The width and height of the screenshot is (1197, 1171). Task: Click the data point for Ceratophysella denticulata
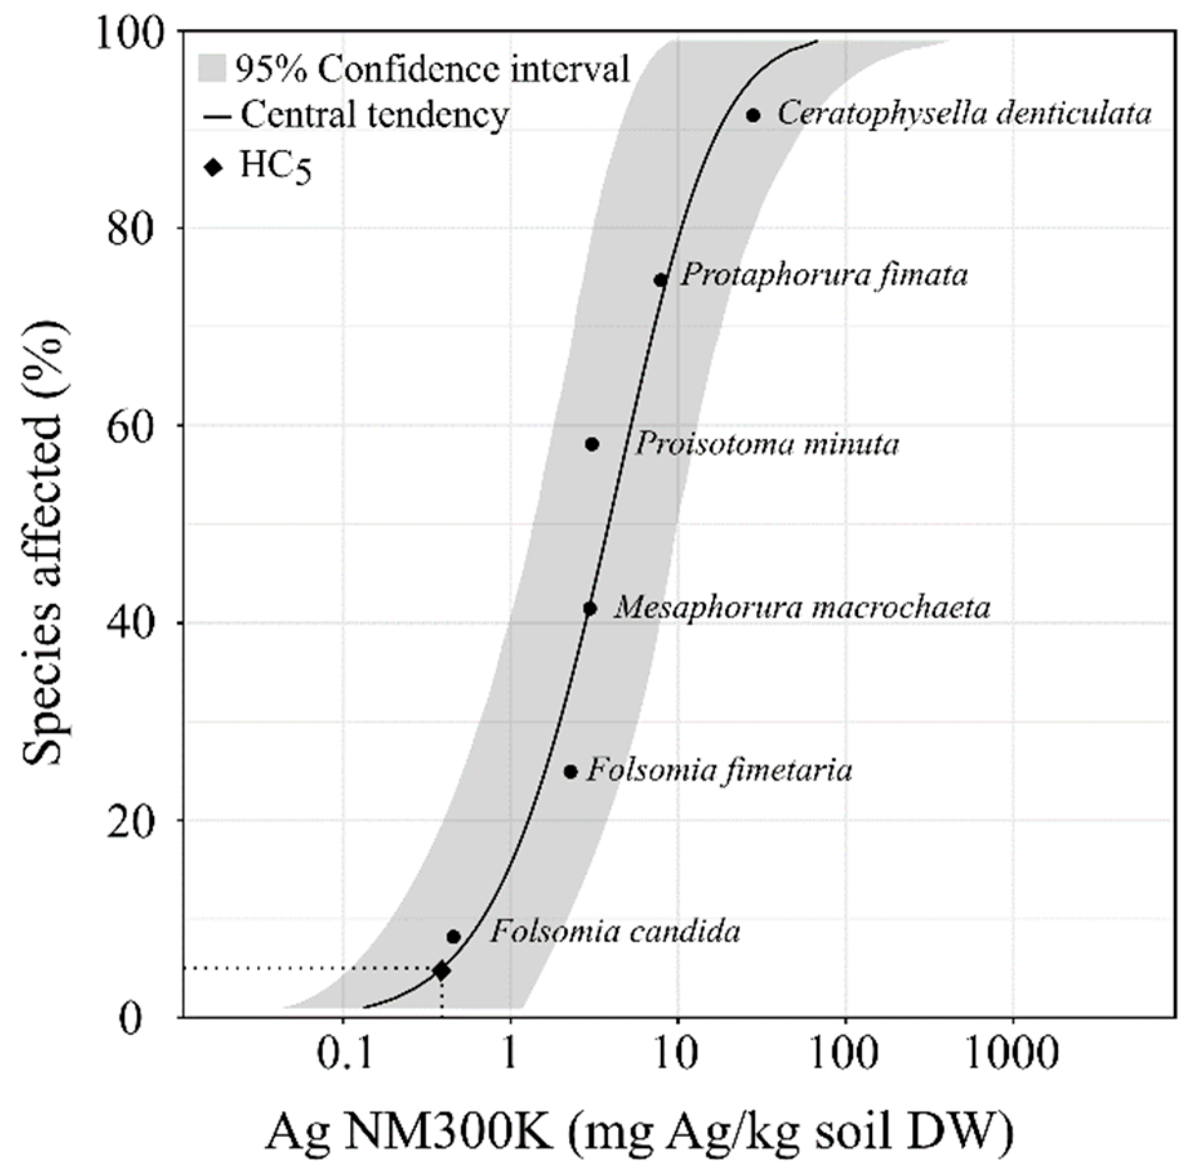pos(753,115)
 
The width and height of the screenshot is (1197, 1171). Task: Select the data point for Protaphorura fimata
pos(661,280)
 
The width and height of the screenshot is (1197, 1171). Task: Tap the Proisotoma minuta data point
pos(592,444)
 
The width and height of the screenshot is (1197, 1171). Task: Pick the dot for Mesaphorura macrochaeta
pos(590,608)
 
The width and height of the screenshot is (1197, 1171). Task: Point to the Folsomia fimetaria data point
pos(570,771)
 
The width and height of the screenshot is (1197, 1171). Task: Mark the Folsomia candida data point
pos(453,936)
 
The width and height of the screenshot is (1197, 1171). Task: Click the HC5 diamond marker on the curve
pos(442,970)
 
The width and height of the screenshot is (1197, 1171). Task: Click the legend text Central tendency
pos(375,115)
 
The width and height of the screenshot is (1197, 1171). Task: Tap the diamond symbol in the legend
pos(213,168)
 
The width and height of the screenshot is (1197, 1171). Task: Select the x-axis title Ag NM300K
pos(638,1132)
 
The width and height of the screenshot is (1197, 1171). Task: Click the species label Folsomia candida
pos(614,933)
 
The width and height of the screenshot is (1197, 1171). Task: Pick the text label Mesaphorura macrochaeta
pos(801,608)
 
